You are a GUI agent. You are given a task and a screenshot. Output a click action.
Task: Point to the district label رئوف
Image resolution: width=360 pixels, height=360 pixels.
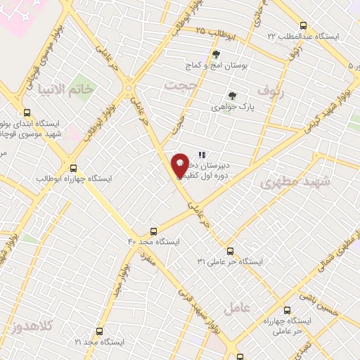coord(269,89)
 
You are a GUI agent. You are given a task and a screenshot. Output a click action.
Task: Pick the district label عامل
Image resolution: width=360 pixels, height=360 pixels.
coord(238,307)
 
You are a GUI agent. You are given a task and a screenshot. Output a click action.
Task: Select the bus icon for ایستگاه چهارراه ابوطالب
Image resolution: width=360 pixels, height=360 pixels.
coord(74,167)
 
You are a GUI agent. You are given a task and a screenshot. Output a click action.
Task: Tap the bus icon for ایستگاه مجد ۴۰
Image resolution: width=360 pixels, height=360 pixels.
coord(154,231)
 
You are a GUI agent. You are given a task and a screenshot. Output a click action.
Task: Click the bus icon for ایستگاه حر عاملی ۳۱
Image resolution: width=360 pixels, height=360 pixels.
coord(230,250)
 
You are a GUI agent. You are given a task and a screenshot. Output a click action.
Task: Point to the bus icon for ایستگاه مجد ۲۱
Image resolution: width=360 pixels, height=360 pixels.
coord(98,330)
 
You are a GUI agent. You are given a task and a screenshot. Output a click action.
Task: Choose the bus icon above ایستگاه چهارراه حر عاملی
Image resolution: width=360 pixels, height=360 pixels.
coord(287,309)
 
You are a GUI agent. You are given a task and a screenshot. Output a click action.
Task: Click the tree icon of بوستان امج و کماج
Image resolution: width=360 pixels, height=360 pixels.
coord(216,55)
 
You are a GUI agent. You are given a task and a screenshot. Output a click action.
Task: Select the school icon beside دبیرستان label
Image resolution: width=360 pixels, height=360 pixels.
coord(202,155)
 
